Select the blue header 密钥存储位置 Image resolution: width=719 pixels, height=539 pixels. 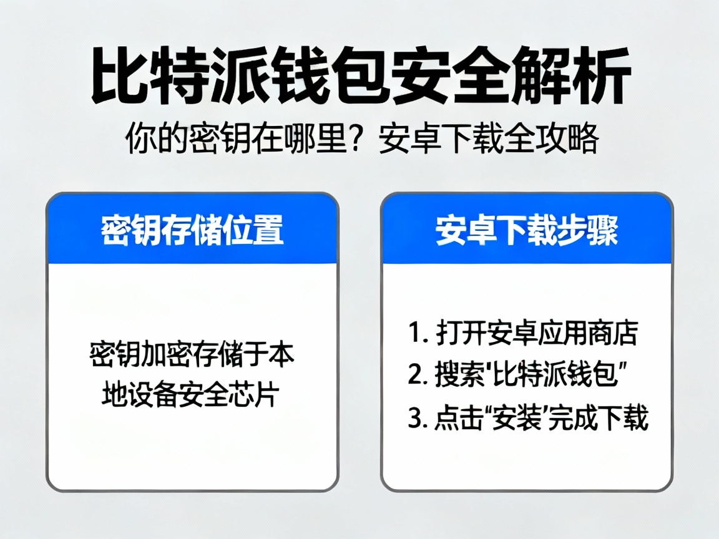click(192, 230)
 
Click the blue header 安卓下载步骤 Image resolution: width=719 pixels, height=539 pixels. click(527, 230)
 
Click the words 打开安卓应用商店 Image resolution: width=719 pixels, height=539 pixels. click(536, 334)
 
